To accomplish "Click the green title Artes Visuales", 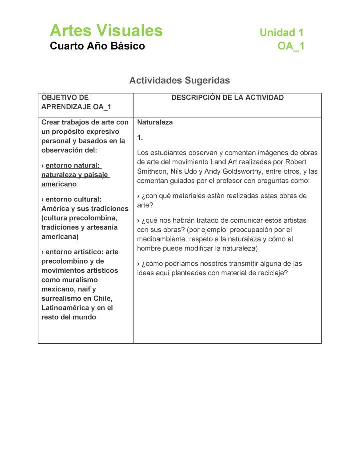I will pyautogui.click(x=106, y=31).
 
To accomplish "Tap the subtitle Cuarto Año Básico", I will pyautogui.click(x=97, y=46).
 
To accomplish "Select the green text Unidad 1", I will pyautogui.click(x=281, y=33).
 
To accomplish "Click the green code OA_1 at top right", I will pyautogui.click(x=291, y=46).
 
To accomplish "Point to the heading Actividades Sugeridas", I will pyautogui.click(x=179, y=80).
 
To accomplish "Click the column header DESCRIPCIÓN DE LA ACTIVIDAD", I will pyautogui.click(x=227, y=98).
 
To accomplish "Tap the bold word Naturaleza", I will pyautogui.click(x=155, y=122).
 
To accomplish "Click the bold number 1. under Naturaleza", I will pyautogui.click(x=140, y=137).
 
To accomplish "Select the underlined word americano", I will pyautogui.click(x=59, y=184).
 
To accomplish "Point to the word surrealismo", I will pyautogui.click(x=61, y=299).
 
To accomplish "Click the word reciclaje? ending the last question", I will pyautogui.click(x=270, y=273).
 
